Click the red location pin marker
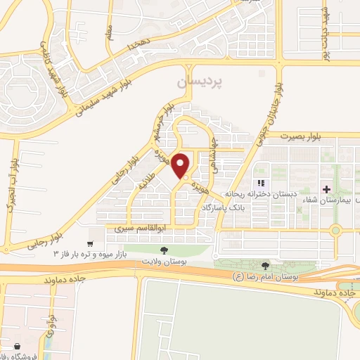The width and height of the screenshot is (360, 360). [x=181, y=165]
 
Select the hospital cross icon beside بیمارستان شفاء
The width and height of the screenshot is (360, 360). [x=326, y=189]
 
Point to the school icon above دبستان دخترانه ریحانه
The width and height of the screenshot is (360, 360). [x=260, y=184]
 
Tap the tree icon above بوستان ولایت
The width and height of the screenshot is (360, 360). [x=164, y=250]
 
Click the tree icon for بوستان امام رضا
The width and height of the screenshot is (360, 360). [x=265, y=266]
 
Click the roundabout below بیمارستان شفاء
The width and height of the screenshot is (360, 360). [x=335, y=230]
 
